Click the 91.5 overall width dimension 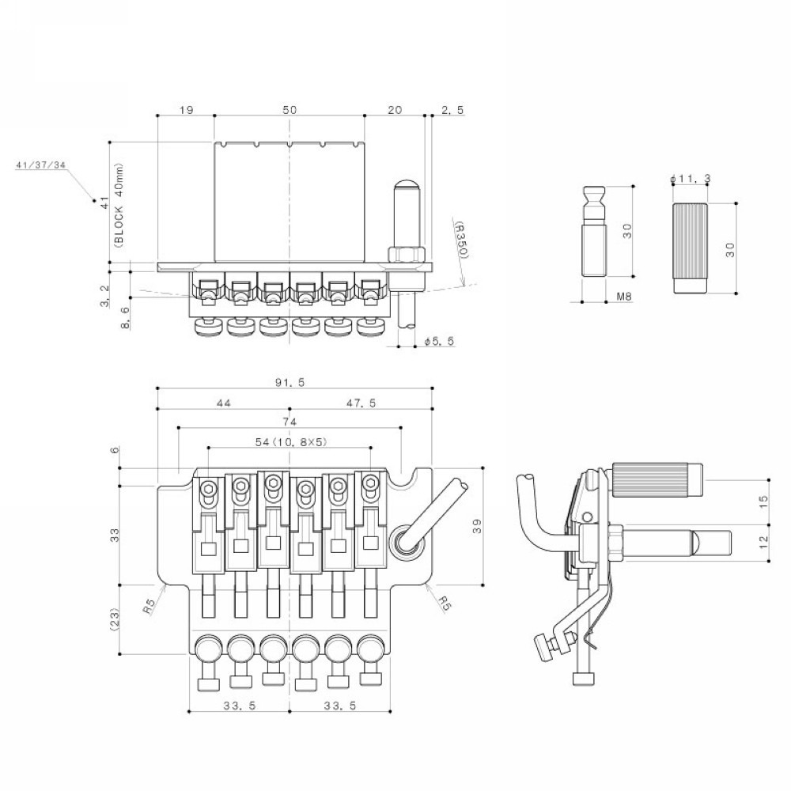[x=290, y=382]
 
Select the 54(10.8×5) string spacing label [x=291, y=442]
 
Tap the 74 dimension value [x=290, y=422]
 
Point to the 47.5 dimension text [x=361, y=403]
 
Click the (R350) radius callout [x=463, y=240]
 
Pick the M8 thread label [x=624, y=297]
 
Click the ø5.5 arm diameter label [x=439, y=342]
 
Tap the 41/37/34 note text [x=41, y=165]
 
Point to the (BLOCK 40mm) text [x=119, y=205]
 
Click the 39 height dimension [x=477, y=526]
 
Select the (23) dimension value [x=115, y=619]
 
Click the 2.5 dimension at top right [x=452, y=109]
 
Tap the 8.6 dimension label [x=125, y=318]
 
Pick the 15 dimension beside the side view [x=763, y=501]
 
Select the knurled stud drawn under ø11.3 [x=690, y=248]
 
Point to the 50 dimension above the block [x=290, y=109]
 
